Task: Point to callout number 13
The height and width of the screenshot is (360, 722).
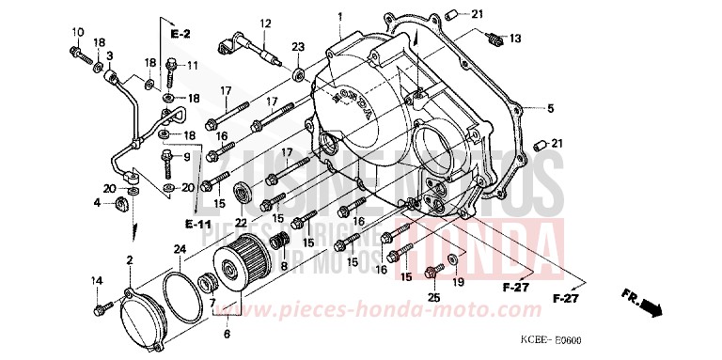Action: [514, 38]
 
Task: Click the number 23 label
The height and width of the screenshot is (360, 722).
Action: [298, 47]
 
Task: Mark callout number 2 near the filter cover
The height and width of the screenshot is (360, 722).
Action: [131, 259]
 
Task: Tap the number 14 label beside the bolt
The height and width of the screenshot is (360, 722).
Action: [95, 280]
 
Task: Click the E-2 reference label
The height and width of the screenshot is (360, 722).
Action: [180, 34]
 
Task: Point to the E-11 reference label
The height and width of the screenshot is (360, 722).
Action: [198, 225]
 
